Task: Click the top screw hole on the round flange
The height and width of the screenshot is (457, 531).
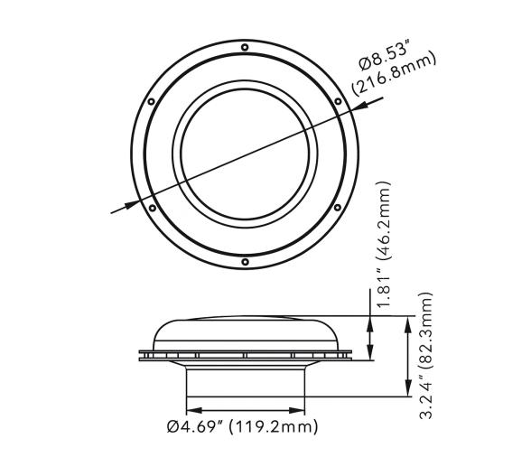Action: (246, 48)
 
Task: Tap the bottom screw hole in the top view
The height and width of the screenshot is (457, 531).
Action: (246, 262)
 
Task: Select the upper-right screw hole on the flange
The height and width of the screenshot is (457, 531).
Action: (339, 101)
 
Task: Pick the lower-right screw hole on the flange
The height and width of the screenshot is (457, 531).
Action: (338, 208)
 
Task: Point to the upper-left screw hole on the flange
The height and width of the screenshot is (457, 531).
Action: (153, 101)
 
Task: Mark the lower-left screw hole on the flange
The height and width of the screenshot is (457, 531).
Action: (152, 208)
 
